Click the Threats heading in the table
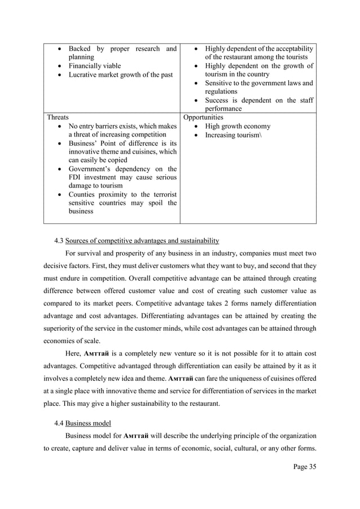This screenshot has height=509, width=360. [x=58, y=117]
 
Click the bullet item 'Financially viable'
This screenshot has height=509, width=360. [x=94, y=66]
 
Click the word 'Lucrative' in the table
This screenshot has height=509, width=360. [x=84, y=74]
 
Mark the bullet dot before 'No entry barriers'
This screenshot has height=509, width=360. [x=60, y=126]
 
